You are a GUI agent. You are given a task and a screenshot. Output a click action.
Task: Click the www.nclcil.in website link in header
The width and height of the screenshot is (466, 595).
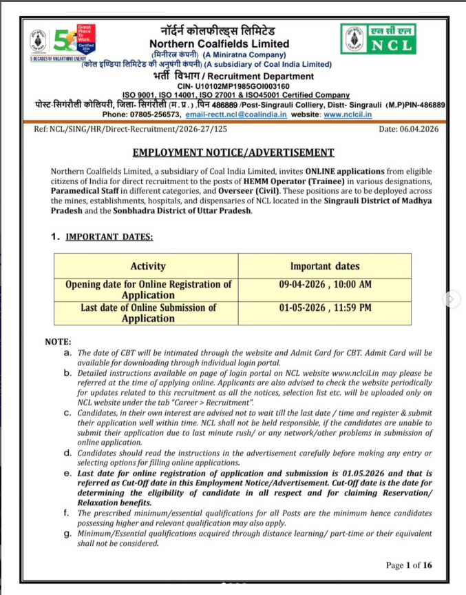click(348, 114)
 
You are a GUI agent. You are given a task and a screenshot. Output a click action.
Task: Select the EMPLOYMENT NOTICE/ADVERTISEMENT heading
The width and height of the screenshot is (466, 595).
click(233, 152)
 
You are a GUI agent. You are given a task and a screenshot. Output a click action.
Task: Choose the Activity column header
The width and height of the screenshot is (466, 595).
click(148, 266)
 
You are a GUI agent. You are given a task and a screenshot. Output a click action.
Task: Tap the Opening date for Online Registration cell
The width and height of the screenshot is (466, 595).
click(148, 290)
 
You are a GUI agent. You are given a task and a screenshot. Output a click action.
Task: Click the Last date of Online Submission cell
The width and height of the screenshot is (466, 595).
click(148, 313)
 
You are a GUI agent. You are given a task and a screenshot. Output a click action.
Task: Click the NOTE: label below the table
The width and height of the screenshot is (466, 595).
click(58, 342)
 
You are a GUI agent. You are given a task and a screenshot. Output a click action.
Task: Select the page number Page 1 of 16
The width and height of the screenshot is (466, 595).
click(409, 565)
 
